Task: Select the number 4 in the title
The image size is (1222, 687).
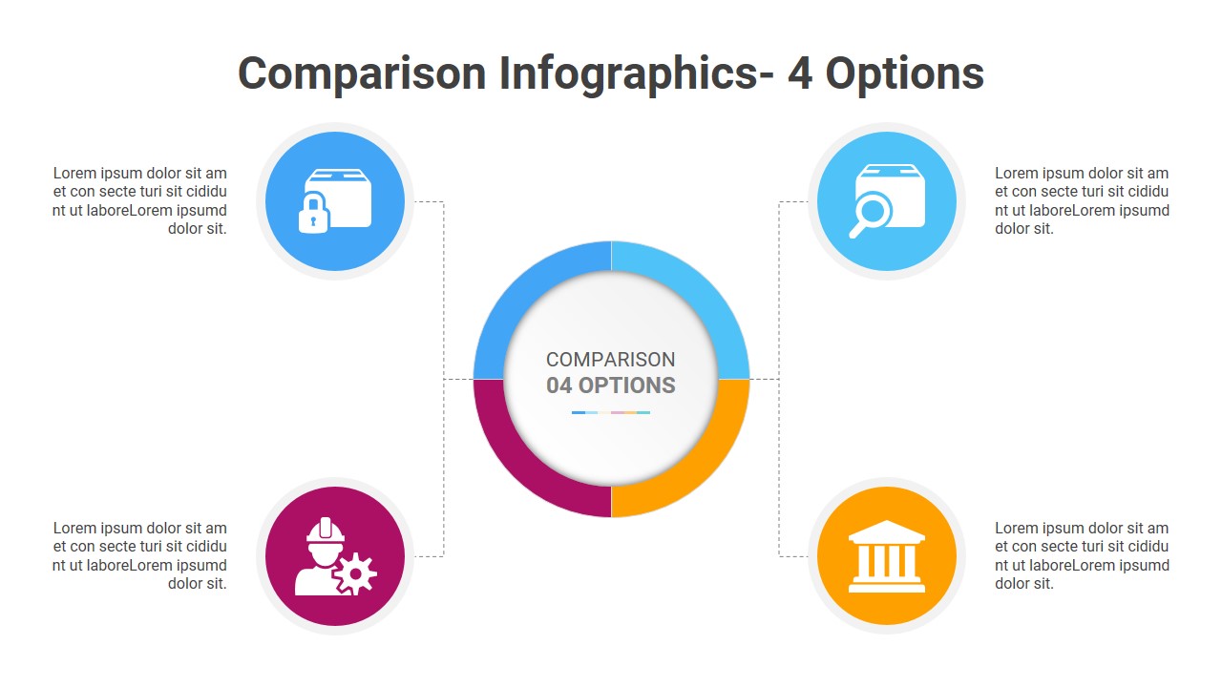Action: pyautogui.click(x=800, y=73)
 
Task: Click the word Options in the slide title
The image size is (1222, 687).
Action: pyautogui.click(x=904, y=73)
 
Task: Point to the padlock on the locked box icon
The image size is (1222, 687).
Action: pyautogui.click(x=313, y=214)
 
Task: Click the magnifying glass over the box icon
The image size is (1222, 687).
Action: pyautogui.click(x=871, y=212)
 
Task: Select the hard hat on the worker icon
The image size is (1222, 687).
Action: pyautogui.click(x=326, y=530)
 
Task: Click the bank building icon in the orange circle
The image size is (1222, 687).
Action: pyautogui.click(x=886, y=556)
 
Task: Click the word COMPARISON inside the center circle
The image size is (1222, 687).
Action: pyautogui.click(x=611, y=360)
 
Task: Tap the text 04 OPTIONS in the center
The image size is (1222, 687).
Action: pyautogui.click(x=611, y=385)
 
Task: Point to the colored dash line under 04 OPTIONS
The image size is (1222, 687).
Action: pyautogui.click(x=611, y=412)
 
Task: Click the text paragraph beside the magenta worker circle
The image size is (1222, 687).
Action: pyautogui.click(x=140, y=555)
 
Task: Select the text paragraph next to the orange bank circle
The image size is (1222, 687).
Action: pyautogui.click(x=1082, y=555)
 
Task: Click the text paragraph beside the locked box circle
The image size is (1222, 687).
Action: pyautogui.click(x=140, y=200)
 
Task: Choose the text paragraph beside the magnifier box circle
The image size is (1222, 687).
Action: pyautogui.click(x=1082, y=200)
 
